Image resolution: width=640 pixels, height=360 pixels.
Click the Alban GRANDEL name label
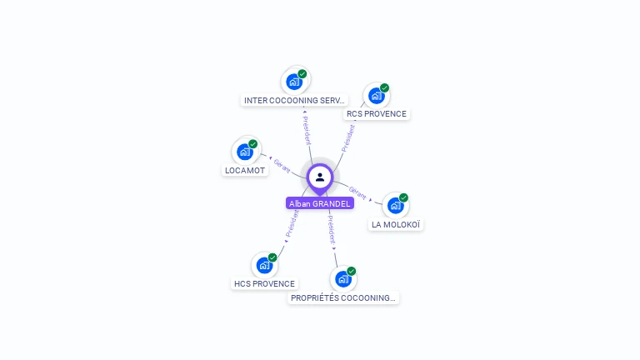coord(320,203)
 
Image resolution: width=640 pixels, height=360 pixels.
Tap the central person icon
coord(320,177)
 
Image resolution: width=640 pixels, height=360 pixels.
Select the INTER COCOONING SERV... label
coord(294,100)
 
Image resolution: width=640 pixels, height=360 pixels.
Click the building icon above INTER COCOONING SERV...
coord(294,82)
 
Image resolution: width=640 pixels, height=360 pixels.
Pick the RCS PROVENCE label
coord(377,113)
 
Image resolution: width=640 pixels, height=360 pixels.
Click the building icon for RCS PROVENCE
coord(377,96)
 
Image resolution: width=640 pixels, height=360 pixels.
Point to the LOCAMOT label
coord(245,170)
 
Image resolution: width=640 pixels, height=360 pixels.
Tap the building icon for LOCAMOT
coord(245,152)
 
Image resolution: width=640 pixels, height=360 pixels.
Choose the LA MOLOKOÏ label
coord(396,224)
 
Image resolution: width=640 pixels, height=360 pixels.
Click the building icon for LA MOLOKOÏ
coord(395,205)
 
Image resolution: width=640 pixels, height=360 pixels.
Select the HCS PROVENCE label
coord(264,283)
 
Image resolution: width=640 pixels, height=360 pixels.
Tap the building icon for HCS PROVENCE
coord(264,265)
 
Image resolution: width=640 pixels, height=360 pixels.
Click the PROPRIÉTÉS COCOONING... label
coord(343,297)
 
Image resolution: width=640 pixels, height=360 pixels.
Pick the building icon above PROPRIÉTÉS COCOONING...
coord(342,279)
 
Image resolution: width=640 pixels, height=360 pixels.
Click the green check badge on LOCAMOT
coord(253,144)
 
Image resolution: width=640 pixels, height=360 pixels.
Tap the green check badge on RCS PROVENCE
coord(385,87)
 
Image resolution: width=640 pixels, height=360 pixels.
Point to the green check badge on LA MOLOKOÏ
coord(403,197)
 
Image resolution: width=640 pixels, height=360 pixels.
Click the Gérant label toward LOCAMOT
coord(282,166)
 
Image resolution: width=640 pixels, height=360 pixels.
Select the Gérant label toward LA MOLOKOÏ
coord(357,193)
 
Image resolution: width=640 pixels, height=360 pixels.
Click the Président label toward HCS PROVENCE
coord(292,223)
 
